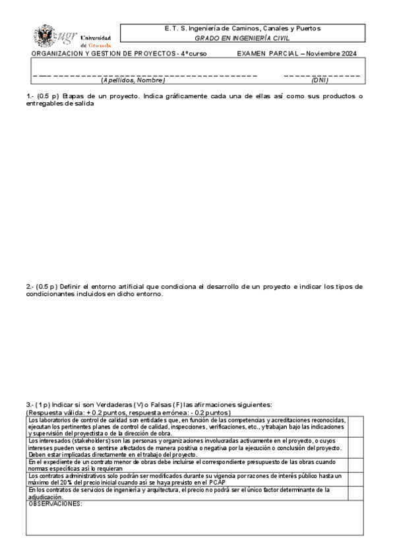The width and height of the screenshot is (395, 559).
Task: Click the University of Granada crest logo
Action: coord(46,35)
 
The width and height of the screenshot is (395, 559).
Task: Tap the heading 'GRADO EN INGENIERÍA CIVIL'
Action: coord(242,38)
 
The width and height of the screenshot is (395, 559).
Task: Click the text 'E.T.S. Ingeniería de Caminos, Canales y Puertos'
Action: coord(242,28)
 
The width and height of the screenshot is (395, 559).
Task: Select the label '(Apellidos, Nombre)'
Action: coord(133,80)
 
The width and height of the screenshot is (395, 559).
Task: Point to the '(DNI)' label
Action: coord(319,80)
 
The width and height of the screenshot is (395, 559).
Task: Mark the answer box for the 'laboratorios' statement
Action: coord(355,427)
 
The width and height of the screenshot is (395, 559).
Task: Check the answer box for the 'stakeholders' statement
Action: coord(355,448)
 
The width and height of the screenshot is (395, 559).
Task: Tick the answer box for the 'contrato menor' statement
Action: coord(355,465)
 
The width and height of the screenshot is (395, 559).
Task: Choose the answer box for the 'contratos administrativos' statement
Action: coord(355,479)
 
